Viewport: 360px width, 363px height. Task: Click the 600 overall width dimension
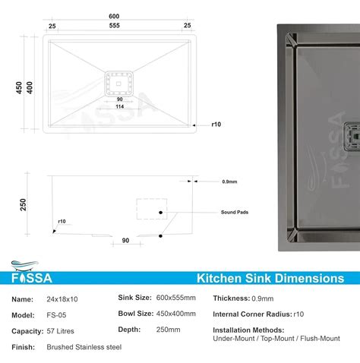(x=113, y=17)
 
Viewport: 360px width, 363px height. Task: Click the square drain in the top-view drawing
(x=118, y=80)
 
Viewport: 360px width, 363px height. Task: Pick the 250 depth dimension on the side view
(x=23, y=205)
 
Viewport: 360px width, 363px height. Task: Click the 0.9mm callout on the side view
(x=229, y=181)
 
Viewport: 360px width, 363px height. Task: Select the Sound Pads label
(x=234, y=213)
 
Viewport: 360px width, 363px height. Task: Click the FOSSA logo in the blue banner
(x=33, y=278)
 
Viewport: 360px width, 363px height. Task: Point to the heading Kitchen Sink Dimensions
(x=270, y=279)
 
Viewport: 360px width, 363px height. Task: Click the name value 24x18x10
(x=63, y=299)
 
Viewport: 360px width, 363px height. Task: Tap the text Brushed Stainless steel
(x=84, y=347)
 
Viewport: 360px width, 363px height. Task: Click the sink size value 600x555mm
(x=176, y=298)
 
